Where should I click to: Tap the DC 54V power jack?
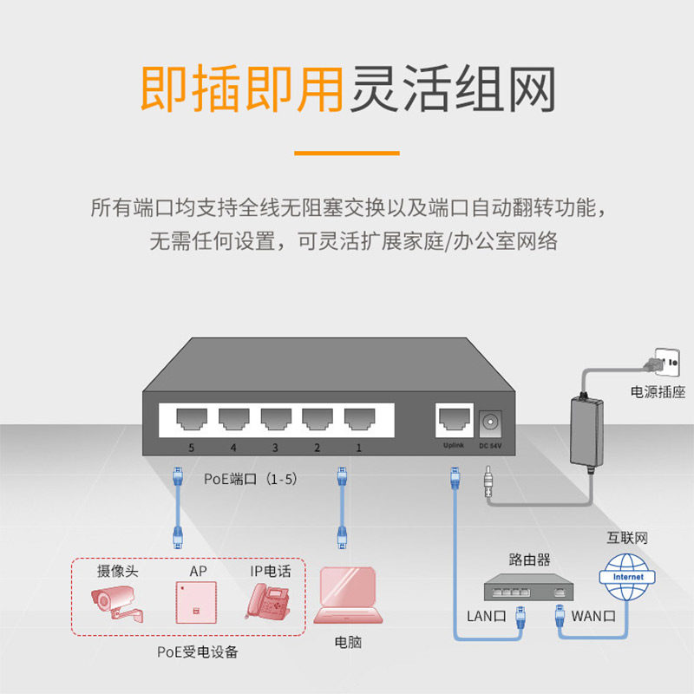[491, 422]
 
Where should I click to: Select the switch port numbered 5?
[191, 421]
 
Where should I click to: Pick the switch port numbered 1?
[358, 421]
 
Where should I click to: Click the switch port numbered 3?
[275, 421]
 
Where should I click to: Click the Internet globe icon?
[628, 577]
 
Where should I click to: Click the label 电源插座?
[658, 392]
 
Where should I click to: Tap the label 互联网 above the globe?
[627, 539]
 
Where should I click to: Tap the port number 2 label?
[317, 448]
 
